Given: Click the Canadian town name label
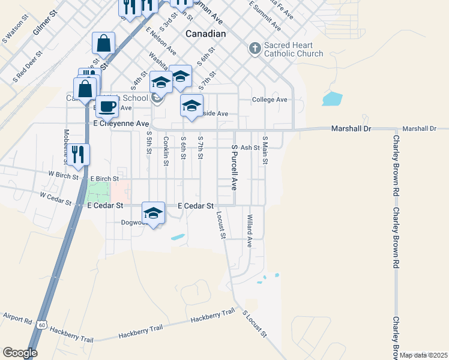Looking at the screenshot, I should click(205, 34).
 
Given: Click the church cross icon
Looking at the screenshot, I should click(255, 48).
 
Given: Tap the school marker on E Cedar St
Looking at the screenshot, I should click(153, 213).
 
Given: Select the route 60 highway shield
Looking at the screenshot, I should click(41, 325).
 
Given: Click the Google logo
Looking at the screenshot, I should click(20, 353).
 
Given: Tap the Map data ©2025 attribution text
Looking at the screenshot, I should click(423, 355).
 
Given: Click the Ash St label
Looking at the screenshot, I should click(249, 147).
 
